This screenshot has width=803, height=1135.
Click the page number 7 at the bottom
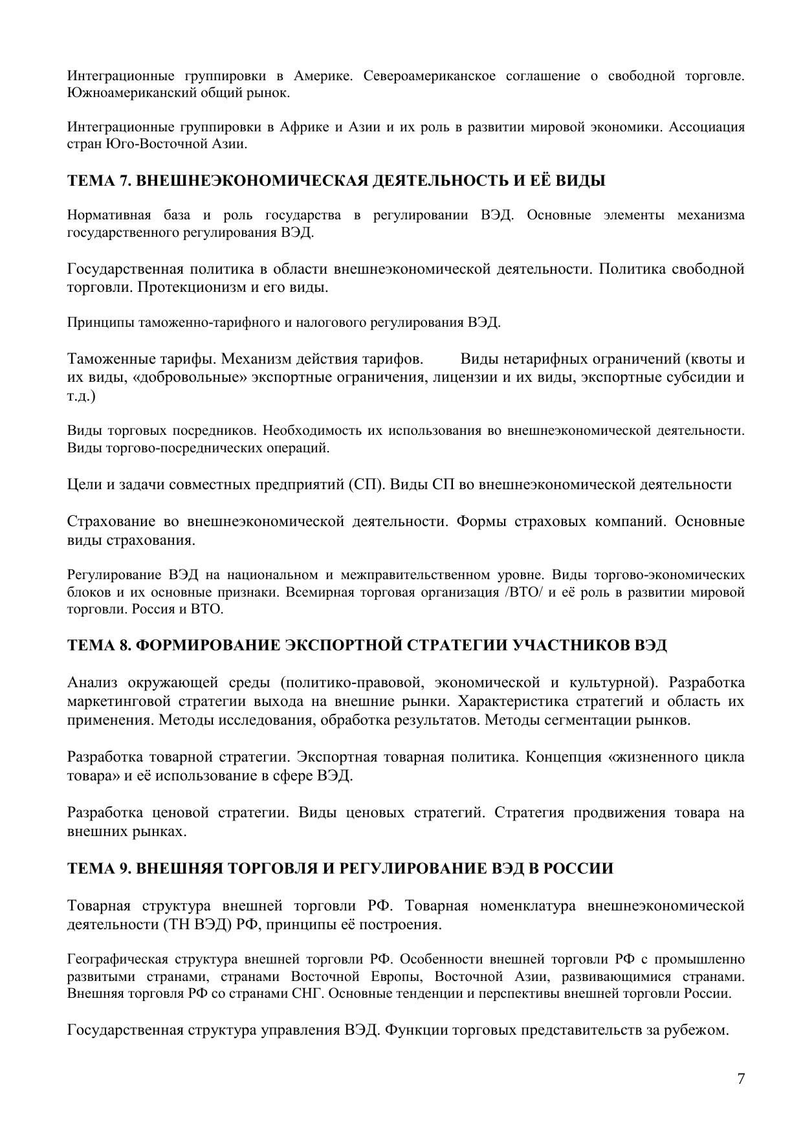click(x=741, y=1079)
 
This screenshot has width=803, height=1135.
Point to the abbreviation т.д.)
click(x=81, y=396)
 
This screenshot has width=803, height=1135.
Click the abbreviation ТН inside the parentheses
click(x=166, y=924)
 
